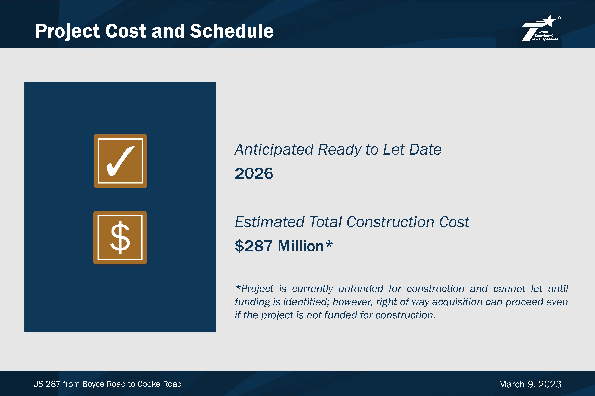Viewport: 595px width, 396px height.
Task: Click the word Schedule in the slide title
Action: click(232, 31)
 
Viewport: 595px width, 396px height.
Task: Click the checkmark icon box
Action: click(120, 161)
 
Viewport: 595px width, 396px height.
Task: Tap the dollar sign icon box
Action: click(120, 238)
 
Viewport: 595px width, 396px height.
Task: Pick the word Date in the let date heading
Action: click(425, 149)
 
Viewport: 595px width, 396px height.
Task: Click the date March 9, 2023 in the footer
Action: click(530, 384)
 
